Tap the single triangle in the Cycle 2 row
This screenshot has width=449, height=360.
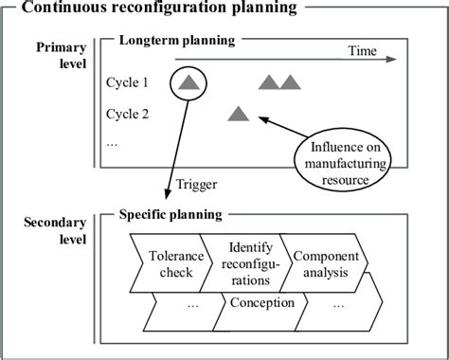point(237,115)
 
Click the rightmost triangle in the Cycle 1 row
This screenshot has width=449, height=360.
point(290,84)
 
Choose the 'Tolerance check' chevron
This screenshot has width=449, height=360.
point(171,264)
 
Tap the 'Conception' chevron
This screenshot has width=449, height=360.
point(262,304)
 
